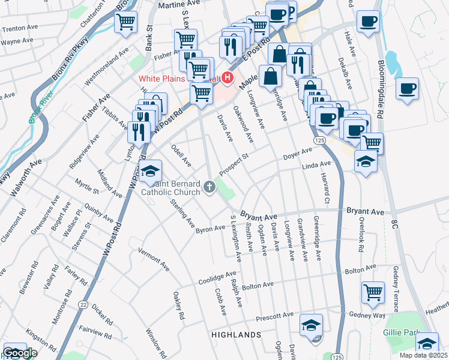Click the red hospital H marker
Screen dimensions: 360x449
pyautogui.click(x=227, y=78)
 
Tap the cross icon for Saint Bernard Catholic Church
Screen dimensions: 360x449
pyautogui.click(x=210, y=187)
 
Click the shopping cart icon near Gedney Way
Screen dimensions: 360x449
pyautogui.click(x=373, y=292)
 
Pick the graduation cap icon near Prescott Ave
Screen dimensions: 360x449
pyautogui.click(x=310, y=325)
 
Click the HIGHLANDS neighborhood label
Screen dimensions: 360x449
pyautogui.click(x=235, y=334)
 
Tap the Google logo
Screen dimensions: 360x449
pyautogui.click(x=20, y=353)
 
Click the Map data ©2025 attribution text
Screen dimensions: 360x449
pyautogui.click(x=423, y=355)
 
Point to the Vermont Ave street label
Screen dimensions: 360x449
pyautogui.click(x=154, y=257)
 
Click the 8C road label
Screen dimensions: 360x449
pyautogui.click(x=394, y=224)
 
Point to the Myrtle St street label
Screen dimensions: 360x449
pyautogui.click(x=87, y=191)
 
